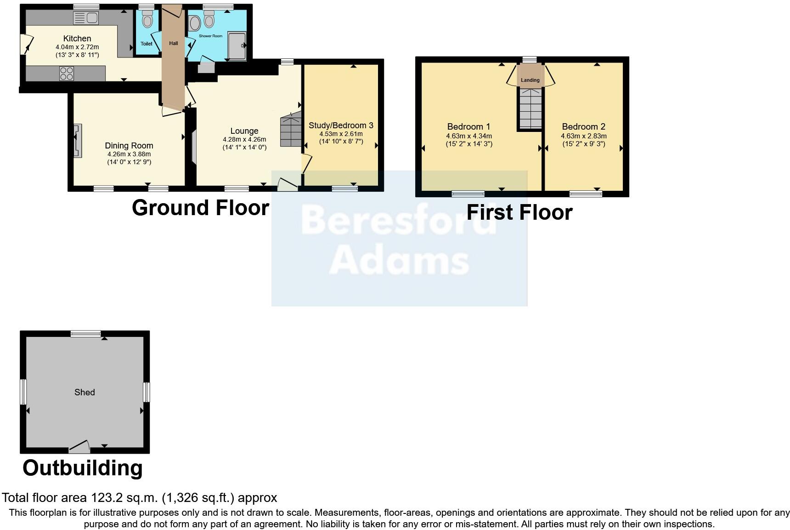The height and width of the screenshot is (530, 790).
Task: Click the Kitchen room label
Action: pyautogui.click(x=77, y=38)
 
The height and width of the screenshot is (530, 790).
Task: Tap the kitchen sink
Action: pyautogui.click(x=85, y=18)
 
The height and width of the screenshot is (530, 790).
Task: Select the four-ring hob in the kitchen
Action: pyautogui.click(x=66, y=74)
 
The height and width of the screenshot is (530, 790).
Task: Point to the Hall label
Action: pyautogui.click(x=173, y=43)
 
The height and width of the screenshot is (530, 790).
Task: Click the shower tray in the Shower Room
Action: pyautogui.click(x=237, y=46)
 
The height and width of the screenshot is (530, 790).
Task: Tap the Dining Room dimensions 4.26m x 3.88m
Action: pyautogui.click(x=129, y=154)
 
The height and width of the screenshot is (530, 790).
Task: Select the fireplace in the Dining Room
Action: pyautogui.click(x=78, y=140)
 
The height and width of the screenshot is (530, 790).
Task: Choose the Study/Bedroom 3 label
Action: pyautogui.click(x=341, y=125)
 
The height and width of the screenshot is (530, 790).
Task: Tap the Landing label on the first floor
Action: pyautogui.click(x=530, y=80)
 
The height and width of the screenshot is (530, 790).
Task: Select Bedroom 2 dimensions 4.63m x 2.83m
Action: pyautogui.click(x=583, y=136)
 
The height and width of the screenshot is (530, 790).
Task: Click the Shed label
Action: pyautogui.click(x=85, y=392)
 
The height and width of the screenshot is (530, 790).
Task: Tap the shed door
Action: pyautogui.click(x=79, y=446)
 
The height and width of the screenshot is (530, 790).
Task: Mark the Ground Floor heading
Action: pyautogui.click(x=200, y=208)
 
